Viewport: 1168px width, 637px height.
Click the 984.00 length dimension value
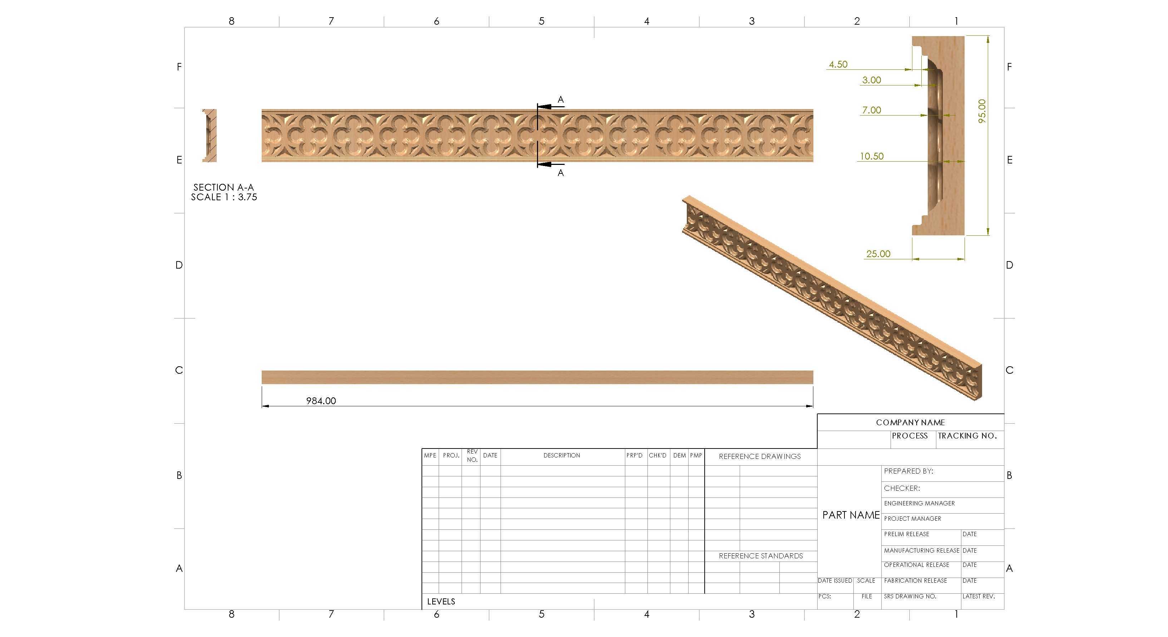click(x=321, y=401)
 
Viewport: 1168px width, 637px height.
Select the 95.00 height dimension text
click(x=982, y=111)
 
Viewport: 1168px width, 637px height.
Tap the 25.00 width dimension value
click(x=878, y=254)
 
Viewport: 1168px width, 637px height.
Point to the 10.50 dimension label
click(x=872, y=156)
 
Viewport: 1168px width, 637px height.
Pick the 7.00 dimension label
click(x=872, y=110)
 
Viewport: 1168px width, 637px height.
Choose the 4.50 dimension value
click(x=838, y=64)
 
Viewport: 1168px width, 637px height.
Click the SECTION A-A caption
click(x=223, y=187)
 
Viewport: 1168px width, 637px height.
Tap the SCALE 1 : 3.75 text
click(x=224, y=197)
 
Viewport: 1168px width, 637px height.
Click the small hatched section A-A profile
click(x=210, y=135)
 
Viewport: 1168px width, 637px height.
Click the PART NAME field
click(x=851, y=515)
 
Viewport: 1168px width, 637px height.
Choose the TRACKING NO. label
click(x=967, y=436)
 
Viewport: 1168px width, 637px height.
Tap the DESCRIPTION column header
click(x=562, y=455)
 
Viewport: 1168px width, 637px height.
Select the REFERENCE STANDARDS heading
click(x=761, y=556)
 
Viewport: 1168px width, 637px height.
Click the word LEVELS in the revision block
click(x=441, y=602)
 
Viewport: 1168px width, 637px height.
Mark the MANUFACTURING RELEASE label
click(x=921, y=550)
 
